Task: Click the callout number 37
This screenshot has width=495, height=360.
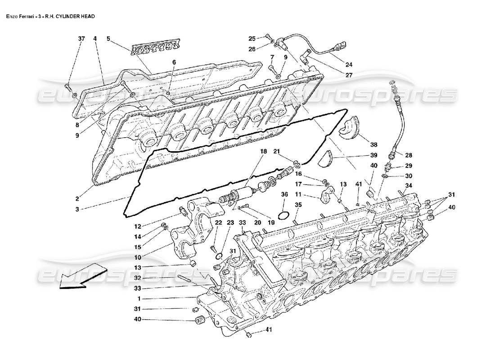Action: point(81,39)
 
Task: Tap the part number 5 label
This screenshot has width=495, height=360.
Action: point(108,39)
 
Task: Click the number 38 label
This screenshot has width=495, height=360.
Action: point(374,144)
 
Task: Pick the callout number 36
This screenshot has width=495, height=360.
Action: point(284,194)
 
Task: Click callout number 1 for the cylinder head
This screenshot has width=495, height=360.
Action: point(139,298)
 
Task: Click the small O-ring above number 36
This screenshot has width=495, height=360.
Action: point(283,216)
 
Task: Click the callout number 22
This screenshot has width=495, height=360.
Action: point(218,222)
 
